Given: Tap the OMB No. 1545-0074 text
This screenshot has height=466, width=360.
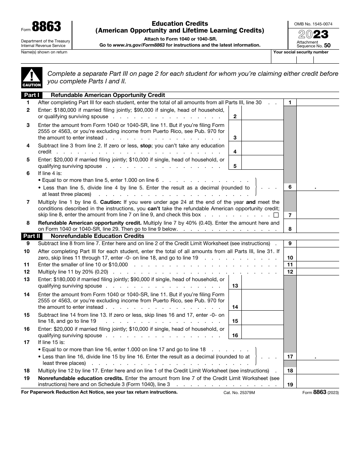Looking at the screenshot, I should click(313, 24).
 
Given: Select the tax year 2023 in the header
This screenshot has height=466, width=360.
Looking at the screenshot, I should click(313, 34).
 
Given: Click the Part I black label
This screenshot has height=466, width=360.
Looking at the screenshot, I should click(32, 95).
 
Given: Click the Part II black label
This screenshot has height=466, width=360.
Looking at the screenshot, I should click(32, 236).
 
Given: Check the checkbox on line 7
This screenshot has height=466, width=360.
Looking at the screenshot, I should click(275, 215).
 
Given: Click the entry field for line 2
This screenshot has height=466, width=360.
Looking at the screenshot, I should click(262, 113).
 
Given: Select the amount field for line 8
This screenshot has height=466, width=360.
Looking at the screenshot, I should click(318, 226).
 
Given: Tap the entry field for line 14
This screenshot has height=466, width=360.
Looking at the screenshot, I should click(262, 300).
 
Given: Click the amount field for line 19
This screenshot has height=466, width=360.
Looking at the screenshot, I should click(318, 381).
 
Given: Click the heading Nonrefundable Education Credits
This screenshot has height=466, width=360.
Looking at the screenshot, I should click(97, 236).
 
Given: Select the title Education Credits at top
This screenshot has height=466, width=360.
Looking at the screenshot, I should click(180, 23).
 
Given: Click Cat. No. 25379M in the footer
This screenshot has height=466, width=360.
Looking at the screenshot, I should click(239, 393).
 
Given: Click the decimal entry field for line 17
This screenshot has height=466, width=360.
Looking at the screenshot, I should click(318, 357).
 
